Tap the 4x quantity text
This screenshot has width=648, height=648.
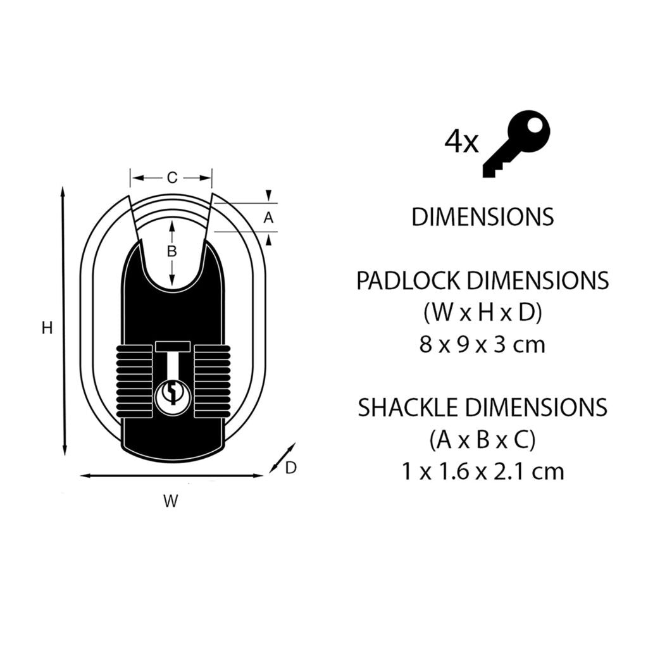click(x=462, y=142)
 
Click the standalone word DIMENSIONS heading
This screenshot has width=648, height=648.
click(x=482, y=217)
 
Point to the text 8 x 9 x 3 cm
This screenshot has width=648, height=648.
click(x=482, y=344)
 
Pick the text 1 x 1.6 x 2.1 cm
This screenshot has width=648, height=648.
click(x=482, y=471)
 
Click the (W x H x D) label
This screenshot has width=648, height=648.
click(x=482, y=313)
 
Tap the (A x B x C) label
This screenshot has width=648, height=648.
click(x=482, y=440)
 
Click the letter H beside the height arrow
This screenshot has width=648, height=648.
click(x=46, y=328)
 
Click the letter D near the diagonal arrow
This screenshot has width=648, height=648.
click(x=290, y=468)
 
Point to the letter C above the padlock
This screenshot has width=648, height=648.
click(x=171, y=178)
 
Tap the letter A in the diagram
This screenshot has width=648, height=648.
click(x=268, y=218)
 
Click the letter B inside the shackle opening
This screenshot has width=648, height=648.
click(x=171, y=251)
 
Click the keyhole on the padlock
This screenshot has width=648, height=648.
click(x=171, y=395)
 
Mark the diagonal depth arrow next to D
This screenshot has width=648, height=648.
click(x=282, y=458)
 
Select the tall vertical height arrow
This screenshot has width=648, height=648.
click(x=63, y=321)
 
